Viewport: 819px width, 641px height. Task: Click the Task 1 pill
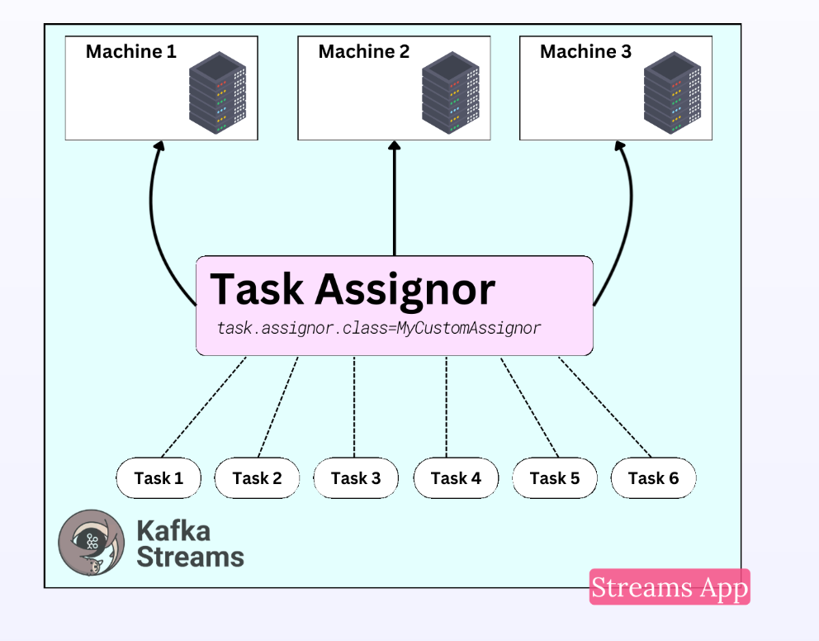pyautogui.click(x=159, y=478)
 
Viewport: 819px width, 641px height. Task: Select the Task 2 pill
pyautogui.click(x=257, y=478)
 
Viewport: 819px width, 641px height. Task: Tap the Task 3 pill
pyautogui.click(x=356, y=478)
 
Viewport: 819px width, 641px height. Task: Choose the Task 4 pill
pyautogui.click(x=456, y=478)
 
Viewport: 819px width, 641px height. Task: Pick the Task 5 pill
pyautogui.click(x=555, y=478)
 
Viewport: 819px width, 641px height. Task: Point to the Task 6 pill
pyautogui.click(x=653, y=478)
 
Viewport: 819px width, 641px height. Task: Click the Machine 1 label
pyautogui.click(x=131, y=52)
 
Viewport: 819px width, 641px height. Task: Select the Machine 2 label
pyautogui.click(x=364, y=52)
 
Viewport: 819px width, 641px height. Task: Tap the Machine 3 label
pyautogui.click(x=585, y=52)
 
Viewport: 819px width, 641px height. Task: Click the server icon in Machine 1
pyautogui.click(x=217, y=93)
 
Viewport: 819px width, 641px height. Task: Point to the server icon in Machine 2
pyautogui.click(x=450, y=93)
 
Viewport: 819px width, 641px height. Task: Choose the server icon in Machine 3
pyautogui.click(x=672, y=93)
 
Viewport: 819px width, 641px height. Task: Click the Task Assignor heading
pyautogui.click(x=353, y=289)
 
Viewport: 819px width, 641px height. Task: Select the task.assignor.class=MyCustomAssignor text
pyautogui.click(x=379, y=328)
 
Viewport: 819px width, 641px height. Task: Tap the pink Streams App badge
pyautogui.click(x=670, y=586)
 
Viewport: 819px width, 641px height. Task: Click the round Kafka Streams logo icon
pyautogui.click(x=92, y=543)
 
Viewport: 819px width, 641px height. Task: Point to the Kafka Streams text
pyautogui.click(x=190, y=544)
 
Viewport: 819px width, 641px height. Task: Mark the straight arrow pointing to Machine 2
pyautogui.click(x=395, y=198)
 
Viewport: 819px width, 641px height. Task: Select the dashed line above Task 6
pyautogui.click(x=605, y=407)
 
